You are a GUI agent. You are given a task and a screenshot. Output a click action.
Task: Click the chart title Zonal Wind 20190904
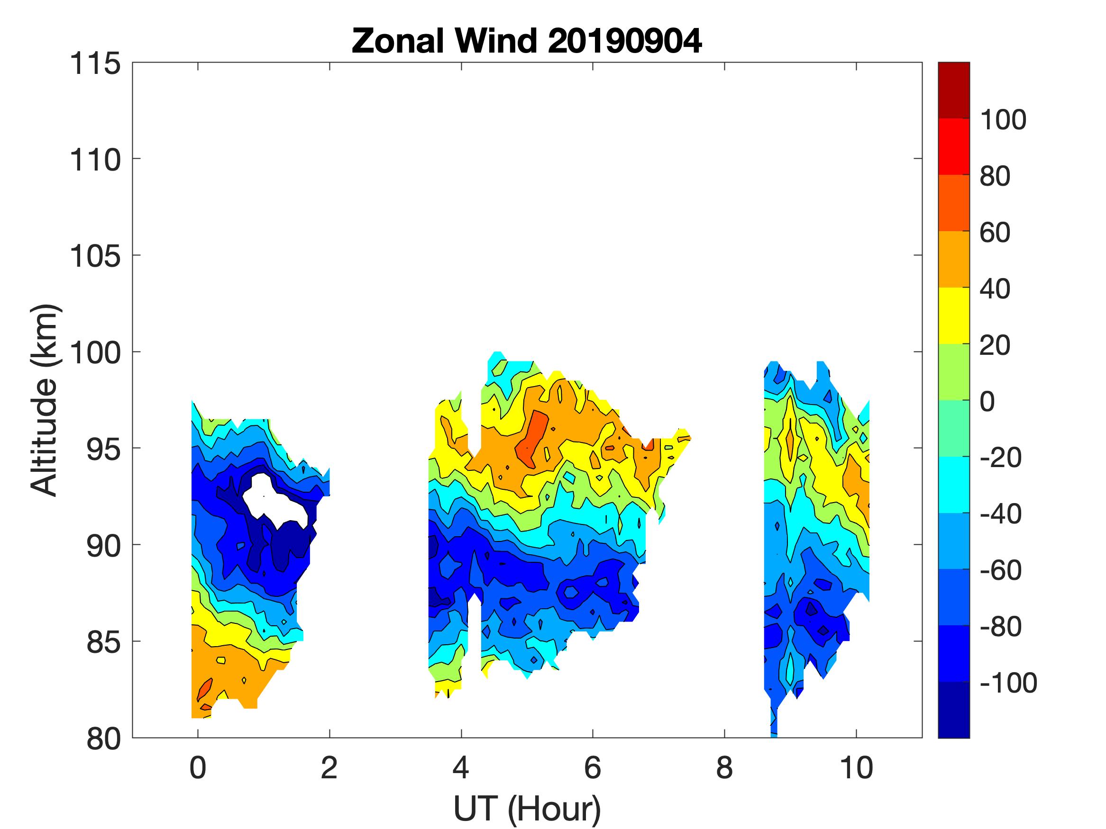coord(527,41)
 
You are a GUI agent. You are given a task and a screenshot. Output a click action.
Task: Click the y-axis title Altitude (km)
coord(45,400)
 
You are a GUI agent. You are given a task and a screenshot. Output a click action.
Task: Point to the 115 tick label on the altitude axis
coord(95,64)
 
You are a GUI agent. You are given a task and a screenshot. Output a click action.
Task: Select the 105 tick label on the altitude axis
coord(95,256)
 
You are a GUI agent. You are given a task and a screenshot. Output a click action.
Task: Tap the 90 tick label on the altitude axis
coord(103,546)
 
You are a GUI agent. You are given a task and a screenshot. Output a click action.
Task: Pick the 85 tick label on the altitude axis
coord(103,642)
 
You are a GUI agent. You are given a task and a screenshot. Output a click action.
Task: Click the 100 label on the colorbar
coord(1003,120)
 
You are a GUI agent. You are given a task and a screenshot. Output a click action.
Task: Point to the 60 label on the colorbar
coord(995,233)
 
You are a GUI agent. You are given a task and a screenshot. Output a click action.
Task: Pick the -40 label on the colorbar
coord(1000,514)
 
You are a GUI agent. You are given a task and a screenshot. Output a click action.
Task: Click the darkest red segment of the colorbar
coord(953,90)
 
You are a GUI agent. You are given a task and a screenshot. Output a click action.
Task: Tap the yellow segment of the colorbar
coord(953,315)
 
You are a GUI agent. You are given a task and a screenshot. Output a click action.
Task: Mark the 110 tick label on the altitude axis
coord(95,160)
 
